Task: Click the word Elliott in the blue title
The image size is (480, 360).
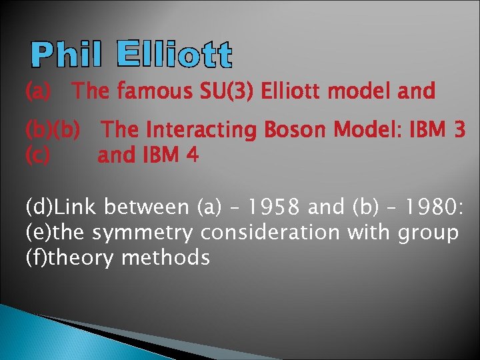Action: tap(175, 55)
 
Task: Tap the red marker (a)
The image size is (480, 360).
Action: tap(39, 91)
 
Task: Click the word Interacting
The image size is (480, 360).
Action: tap(201, 131)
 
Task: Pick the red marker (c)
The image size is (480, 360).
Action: tap(37, 156)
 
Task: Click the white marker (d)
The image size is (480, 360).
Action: tap(39, 207)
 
